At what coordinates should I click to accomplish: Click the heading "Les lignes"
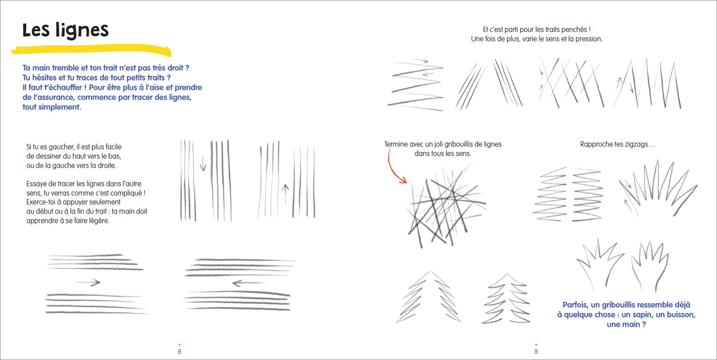tap(65, 30)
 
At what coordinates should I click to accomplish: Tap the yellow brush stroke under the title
tap(91, 49)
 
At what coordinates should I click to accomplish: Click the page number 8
tap(179, 352)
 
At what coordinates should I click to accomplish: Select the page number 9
tap(536, 352)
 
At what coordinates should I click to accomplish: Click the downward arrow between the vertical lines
tap(203, 163)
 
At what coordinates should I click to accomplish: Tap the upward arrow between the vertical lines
tap(285, 194)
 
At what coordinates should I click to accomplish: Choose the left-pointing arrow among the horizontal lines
tap(249, 283)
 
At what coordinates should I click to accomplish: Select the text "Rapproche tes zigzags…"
tap(618, 144)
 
